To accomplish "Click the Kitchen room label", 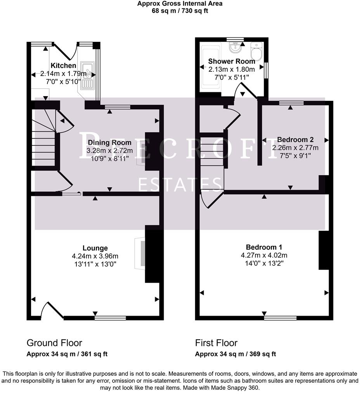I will click(63, 66).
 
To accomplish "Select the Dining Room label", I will click(109, 143).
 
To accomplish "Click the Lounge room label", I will click(95, 248).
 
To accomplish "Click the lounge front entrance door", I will click(52, 310).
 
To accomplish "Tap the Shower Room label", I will click(232, 61).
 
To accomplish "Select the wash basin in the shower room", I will click(235, 47).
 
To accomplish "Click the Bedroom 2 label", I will click(295, 140).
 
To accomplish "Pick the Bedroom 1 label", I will click(264, 247).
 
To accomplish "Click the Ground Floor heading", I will click(54, 343).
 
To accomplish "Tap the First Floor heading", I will click(216, 343).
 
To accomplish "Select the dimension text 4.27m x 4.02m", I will click(264, 255).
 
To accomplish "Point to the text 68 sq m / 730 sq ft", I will click(180, 11).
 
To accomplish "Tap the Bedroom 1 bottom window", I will click(280, 318).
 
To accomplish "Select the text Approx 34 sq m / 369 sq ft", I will click(235, 354).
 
